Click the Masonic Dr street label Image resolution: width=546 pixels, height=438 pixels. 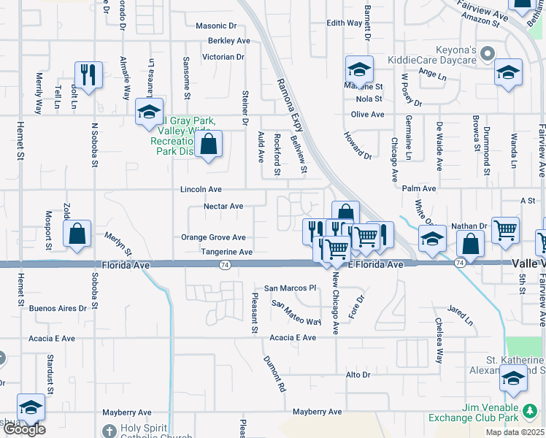coord(216,26)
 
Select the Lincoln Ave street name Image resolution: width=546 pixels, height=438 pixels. coord(201,189)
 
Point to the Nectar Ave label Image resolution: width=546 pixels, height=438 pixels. coord(223,207)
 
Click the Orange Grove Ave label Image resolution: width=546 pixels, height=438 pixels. coord(214,237)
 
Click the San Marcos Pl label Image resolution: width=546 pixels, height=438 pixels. coord(289,288)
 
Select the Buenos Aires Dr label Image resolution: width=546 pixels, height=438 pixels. coord(58,308)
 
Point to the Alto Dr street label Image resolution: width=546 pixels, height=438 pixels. coord(358,374)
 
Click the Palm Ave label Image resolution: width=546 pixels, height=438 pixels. coord(419,188)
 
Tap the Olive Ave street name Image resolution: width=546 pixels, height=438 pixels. coord(367,115)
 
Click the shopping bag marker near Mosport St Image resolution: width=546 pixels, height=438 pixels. coord(77,234)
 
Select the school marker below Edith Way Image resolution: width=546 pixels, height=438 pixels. coord(359,69)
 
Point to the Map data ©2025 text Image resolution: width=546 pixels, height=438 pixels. coord(515,432)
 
